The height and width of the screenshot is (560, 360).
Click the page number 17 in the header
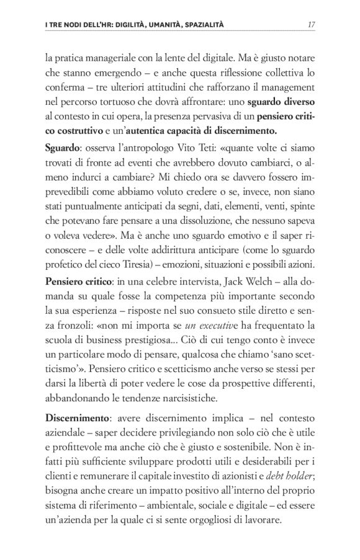pyautogui.click(x=312, y=25)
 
